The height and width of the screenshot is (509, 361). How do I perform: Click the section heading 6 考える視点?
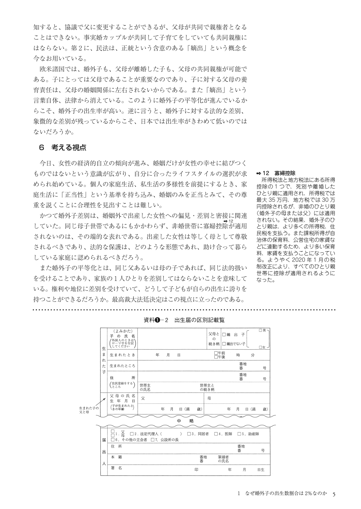pyautogui.click(x=62, y=148)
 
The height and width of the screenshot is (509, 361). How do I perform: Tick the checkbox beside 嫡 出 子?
pyautogui.click(x=224, y=335)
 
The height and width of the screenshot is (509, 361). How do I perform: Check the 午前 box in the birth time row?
pyautogui.click(x=216, y=353)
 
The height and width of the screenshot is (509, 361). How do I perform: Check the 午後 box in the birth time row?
pyautogui.click(x=216, y=357)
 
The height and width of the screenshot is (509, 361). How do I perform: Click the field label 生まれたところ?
pyautogui.click(x=122, y=366)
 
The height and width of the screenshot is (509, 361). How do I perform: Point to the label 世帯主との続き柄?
pyautogui.click(x=207, y=387)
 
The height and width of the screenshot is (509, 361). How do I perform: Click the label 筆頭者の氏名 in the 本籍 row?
pyautogui.click(x=223, y=459)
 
